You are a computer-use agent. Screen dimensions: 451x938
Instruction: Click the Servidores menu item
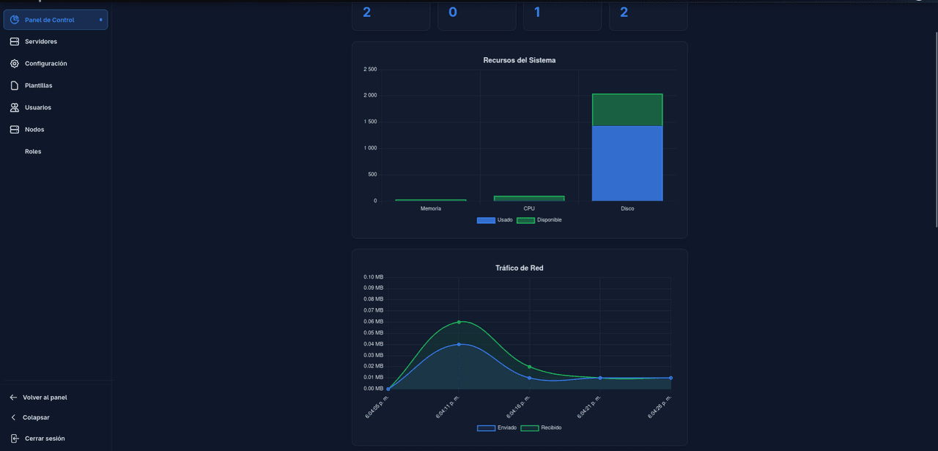pos(40,42)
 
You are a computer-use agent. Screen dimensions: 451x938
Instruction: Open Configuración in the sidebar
pos(45,64)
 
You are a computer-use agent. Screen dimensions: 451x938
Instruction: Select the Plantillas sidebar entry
pos(38,86)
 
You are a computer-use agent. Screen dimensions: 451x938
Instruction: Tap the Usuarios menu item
pos(37,108)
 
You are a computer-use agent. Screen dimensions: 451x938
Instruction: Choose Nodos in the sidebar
pos(34,130)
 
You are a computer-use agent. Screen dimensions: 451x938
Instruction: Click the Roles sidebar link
pos(33,152)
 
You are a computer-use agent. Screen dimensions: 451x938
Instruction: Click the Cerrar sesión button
pos(44,439)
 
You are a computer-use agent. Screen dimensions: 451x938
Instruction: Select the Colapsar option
pos(36,417)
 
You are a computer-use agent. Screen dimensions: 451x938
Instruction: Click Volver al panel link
pos(44,397)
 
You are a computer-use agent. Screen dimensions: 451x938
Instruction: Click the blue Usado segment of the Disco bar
pos(627,164)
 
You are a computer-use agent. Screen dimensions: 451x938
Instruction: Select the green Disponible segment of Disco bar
pos(627,110)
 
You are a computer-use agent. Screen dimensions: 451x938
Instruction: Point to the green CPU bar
pos(529,198)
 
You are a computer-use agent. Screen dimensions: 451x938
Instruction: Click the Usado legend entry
pos(495,220)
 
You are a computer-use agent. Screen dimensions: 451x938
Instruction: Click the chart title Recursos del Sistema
pos(519,60)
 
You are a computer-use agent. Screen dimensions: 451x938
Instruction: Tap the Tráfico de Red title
pos(519,268)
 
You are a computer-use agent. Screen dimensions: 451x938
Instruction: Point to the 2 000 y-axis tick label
pos(370,95)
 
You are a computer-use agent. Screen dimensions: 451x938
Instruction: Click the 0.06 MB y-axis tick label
pos(374,321)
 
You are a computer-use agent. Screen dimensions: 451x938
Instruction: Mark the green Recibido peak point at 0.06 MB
pos(459,322)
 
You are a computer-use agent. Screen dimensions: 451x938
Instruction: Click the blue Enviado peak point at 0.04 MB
pos(459,344)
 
